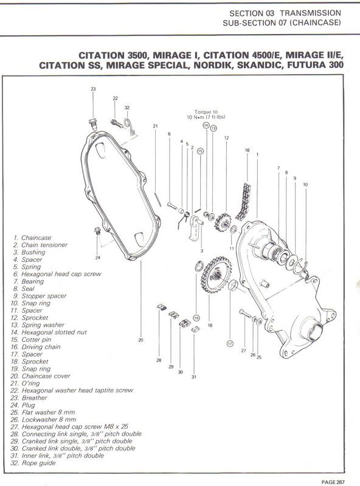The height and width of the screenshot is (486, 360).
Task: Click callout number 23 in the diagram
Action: coord(93,89)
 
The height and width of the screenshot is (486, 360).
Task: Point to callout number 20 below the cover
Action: coord(140,340)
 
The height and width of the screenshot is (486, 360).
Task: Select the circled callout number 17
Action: coord(230,344)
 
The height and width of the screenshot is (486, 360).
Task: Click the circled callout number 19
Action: coord(196,318)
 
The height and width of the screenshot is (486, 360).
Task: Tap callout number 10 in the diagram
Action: coord(305,184)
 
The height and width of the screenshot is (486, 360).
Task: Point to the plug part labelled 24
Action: coord(95,233)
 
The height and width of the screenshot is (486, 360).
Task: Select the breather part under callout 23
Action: coord(93,125)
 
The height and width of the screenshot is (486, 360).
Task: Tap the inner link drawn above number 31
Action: coord(195,330)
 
